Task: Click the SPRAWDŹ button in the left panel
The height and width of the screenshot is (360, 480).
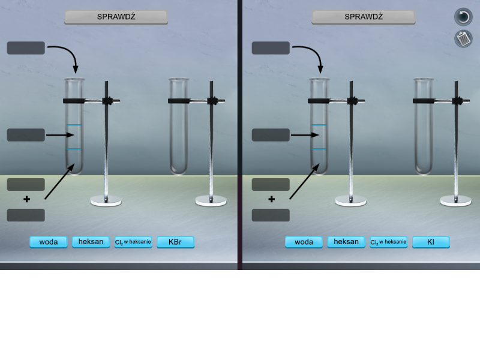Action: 116,17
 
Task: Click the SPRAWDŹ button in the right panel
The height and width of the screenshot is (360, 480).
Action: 364,17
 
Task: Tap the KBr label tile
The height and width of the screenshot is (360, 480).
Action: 175,242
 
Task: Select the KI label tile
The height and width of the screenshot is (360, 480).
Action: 431,242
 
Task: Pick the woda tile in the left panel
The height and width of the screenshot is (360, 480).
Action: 49,242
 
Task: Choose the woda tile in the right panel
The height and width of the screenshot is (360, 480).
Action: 304,242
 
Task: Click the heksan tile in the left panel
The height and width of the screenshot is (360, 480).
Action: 91,242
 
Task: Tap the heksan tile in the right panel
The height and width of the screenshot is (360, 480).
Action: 346,242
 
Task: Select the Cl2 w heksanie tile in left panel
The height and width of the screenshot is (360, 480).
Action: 133,242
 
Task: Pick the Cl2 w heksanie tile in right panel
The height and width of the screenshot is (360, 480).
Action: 388,242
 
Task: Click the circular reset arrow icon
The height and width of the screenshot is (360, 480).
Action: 463,17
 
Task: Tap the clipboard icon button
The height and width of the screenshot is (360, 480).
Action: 463,38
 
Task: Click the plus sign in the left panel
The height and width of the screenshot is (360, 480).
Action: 26,199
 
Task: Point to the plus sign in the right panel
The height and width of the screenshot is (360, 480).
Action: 272,199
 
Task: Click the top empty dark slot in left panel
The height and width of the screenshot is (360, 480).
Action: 26,48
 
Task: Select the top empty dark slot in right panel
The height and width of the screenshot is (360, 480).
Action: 271,48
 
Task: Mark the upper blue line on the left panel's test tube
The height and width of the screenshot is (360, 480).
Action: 74,125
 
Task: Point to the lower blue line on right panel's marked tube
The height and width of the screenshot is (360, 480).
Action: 319,149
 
